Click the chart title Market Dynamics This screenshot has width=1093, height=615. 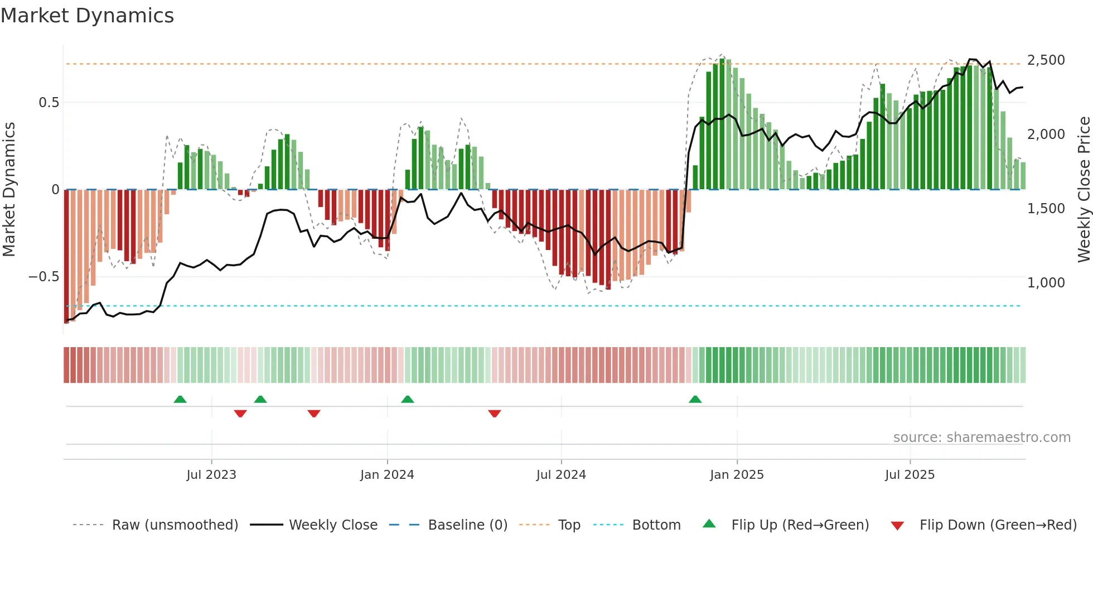88,16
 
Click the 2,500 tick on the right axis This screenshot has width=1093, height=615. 1046,60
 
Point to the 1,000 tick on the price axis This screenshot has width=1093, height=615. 1046,283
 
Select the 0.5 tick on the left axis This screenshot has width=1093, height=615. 49,103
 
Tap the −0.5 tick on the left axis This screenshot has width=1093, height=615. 44,277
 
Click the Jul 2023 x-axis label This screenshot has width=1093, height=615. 211,475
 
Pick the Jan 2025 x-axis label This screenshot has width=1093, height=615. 737,475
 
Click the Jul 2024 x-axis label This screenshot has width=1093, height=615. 561,475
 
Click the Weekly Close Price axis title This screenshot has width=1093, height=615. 1084,190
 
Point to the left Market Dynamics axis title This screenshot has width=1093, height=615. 9,190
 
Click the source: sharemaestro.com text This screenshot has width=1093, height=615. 981,438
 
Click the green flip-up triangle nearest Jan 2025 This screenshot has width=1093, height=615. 695,400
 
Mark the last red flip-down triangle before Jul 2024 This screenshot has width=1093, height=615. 494,414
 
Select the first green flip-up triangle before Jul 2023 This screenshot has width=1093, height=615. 180,400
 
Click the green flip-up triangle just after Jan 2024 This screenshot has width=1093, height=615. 408,400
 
